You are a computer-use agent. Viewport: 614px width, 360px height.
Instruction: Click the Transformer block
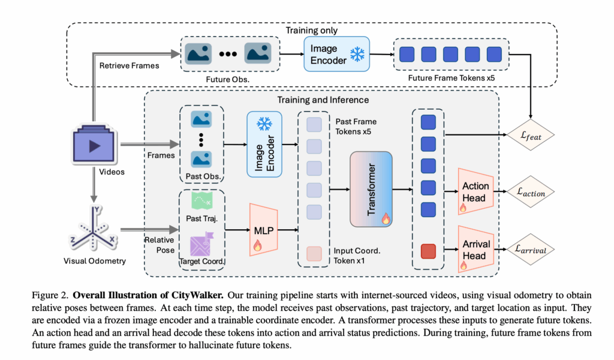371,188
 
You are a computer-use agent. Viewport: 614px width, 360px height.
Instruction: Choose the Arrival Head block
475,249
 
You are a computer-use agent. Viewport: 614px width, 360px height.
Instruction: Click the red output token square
427,250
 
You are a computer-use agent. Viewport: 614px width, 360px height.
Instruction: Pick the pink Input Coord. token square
314,253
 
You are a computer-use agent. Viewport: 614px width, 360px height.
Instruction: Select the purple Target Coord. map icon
198,244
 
